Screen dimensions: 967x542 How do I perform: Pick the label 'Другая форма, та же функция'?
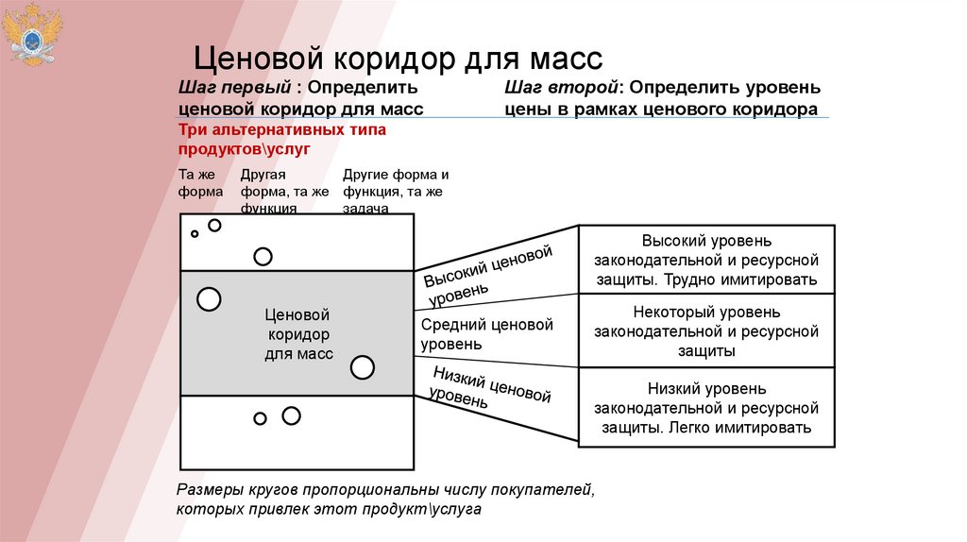284,192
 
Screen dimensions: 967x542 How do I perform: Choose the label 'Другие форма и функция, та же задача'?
395,192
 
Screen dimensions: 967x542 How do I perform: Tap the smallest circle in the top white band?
195,233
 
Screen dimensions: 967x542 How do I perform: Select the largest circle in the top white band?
263,256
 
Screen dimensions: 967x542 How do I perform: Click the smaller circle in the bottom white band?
260,418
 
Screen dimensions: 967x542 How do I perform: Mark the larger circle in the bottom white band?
291,415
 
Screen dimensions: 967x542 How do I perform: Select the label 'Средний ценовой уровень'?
486,334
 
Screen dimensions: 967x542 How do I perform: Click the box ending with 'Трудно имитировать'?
705,260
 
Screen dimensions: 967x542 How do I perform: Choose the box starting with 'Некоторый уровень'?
705,330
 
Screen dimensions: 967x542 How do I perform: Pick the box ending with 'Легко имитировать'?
705,407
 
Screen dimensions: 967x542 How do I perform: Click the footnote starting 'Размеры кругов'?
385,500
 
